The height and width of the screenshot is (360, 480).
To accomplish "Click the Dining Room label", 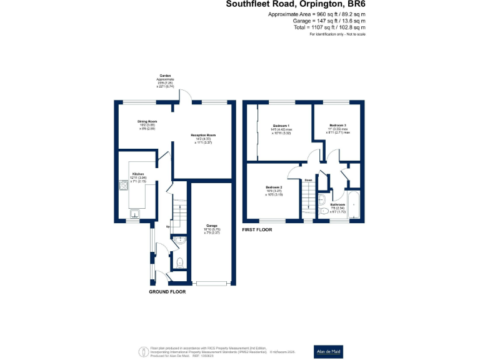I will (147, 121).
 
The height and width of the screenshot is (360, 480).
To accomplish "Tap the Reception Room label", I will (204, 134).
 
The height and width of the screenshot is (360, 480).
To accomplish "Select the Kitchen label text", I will (138, 174).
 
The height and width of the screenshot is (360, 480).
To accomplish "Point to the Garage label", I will (212, 226).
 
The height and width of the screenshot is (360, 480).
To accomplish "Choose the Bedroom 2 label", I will (274, 187).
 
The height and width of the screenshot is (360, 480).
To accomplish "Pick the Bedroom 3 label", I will (338, 125).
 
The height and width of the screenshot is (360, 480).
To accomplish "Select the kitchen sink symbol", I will (134, 214).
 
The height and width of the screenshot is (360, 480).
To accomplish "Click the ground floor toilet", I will (179, 262).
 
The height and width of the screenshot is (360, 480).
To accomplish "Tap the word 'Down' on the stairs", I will (308, 181).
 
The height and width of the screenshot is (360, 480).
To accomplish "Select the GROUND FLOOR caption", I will (167, 292).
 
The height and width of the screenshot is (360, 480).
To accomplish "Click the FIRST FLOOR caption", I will (259, 230).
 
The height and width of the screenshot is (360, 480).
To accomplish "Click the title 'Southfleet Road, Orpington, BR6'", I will (295, 4).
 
